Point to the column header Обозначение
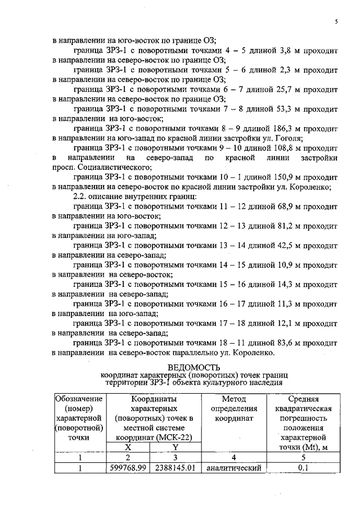click(x=79, y=399)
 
